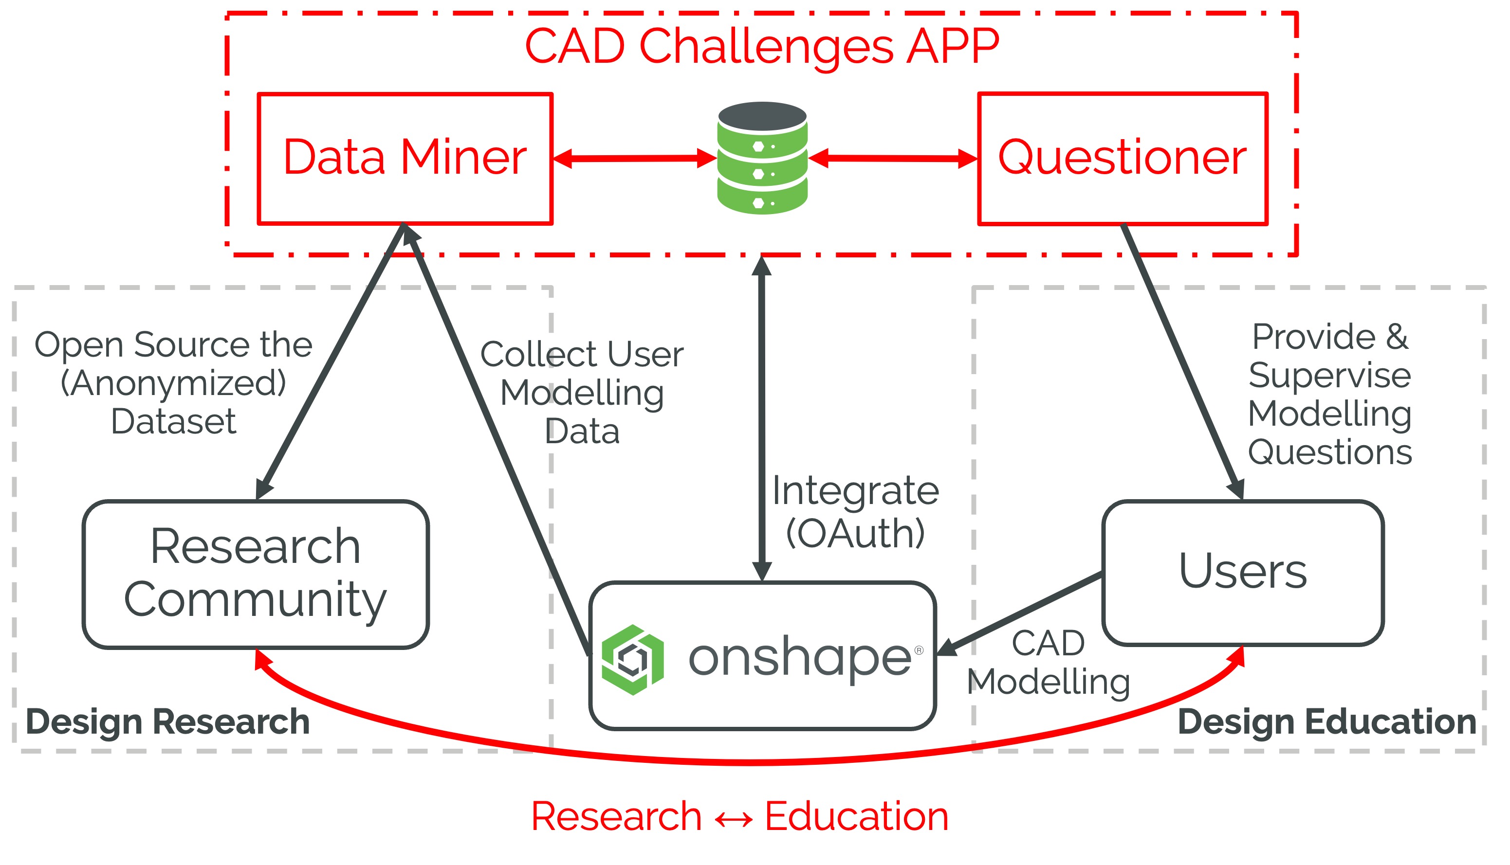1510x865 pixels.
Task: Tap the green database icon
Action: point(762,158)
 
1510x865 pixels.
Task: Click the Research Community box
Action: point(256,574)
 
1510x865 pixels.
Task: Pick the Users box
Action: point(1243,572)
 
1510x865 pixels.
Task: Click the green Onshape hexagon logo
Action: point(632,659)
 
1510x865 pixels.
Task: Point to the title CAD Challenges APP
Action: point(762,46)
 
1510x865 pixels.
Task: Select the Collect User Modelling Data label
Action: point(582,392)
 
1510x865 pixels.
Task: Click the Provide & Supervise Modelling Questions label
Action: point(1329,394)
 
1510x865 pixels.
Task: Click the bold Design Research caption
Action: point(167,722)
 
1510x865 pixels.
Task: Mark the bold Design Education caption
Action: point(1326,722)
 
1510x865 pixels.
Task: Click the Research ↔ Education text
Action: point(739,816)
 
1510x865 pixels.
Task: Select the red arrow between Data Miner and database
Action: point(634,159)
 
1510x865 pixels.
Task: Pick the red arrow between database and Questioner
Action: point(893,158)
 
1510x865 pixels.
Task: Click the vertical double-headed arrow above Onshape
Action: point(762,416)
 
